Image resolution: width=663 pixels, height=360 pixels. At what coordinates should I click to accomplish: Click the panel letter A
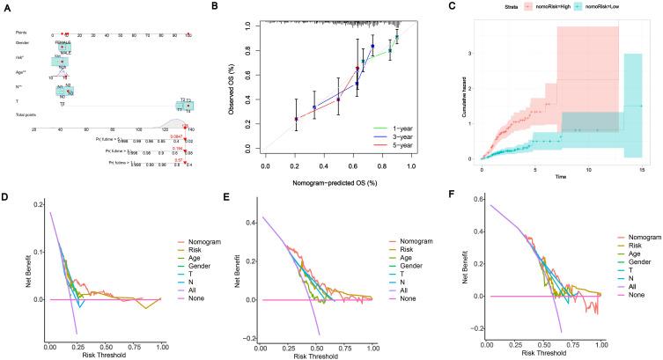point(6,6)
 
